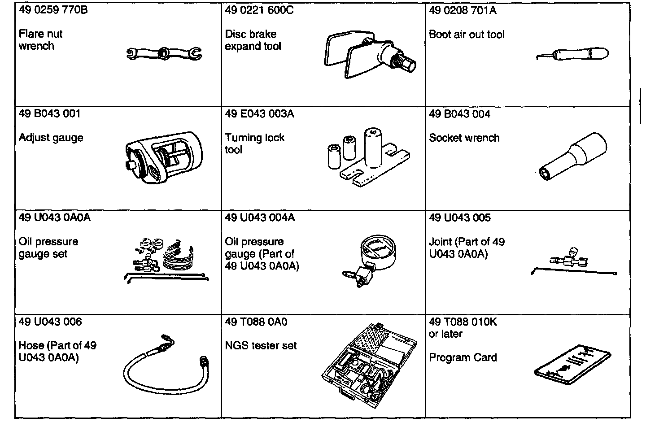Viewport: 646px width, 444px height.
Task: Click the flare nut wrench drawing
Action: (164, 54)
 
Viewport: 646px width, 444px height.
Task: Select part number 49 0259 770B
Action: (53, 10)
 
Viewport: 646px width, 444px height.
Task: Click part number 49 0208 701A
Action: (463, 10)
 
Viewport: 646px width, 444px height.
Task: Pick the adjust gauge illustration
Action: (164, 157)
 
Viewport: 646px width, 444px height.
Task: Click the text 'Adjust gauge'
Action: (51, 138)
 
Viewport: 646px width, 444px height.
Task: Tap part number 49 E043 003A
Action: (259, 114)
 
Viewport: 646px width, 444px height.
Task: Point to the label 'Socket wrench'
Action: (464, 138)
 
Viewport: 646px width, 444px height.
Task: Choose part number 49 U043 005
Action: (460, 218)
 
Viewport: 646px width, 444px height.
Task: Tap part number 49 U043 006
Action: (50, 322)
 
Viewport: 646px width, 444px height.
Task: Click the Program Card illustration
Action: (572, 366)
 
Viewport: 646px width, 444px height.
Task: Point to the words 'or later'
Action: (445, 334)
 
